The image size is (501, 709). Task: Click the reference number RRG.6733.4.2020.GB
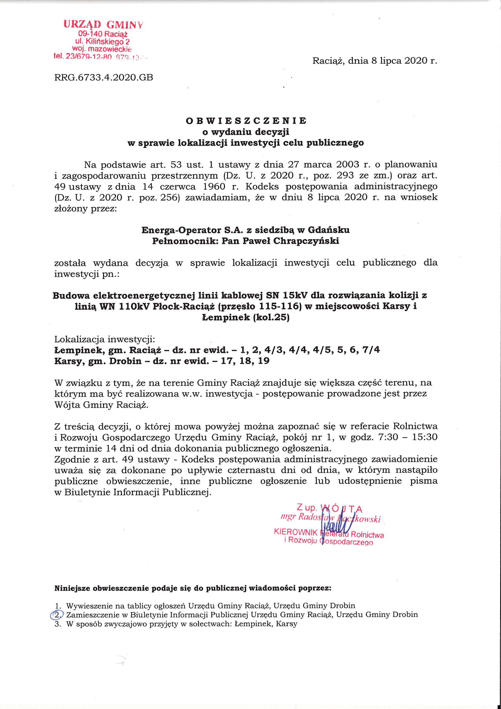[x=103, y=77]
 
